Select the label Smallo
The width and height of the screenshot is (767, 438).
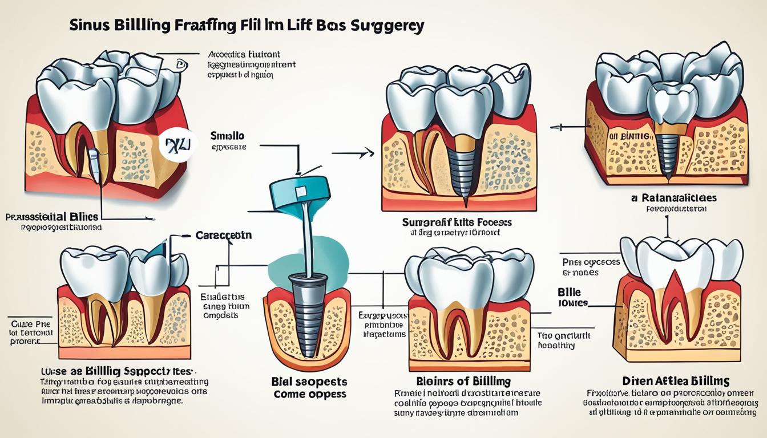(x=227, y=136)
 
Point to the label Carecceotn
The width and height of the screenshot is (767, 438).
(x=224, y=235)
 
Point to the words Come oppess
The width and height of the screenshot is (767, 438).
(x=310, y=394)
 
